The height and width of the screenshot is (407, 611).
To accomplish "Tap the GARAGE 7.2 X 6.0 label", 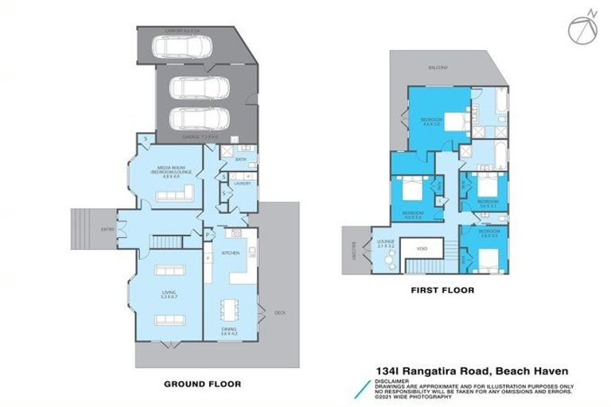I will click(201, 138).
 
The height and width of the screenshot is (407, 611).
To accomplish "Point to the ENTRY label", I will click(107, 231).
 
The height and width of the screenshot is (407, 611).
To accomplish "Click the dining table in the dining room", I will click(232, 306).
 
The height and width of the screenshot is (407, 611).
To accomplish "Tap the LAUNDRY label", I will click(242, 184).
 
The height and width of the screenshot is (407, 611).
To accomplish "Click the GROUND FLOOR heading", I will click(202, 383).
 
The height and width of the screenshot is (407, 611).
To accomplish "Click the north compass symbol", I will click(582, 27).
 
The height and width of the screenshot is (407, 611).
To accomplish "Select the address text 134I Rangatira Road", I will click(430, 370).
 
